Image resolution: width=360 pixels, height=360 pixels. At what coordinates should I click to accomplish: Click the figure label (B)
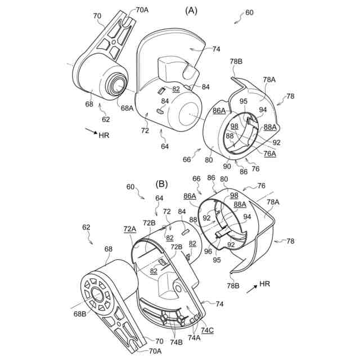tap(162, 184)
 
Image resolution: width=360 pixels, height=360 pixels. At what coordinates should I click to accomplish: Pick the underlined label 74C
tap(207, 330)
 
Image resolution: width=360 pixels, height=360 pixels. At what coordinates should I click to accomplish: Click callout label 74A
tap(193, 338)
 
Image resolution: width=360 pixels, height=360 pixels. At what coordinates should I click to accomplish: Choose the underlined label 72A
tap(129, 229)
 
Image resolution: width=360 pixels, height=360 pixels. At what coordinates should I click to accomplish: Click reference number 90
tap(227, 166)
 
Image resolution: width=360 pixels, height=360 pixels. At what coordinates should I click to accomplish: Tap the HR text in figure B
tap(265, 285)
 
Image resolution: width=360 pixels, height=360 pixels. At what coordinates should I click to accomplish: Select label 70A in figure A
tap(143, 10)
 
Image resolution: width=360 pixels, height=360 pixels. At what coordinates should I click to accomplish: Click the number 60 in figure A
tap(249, 12)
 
